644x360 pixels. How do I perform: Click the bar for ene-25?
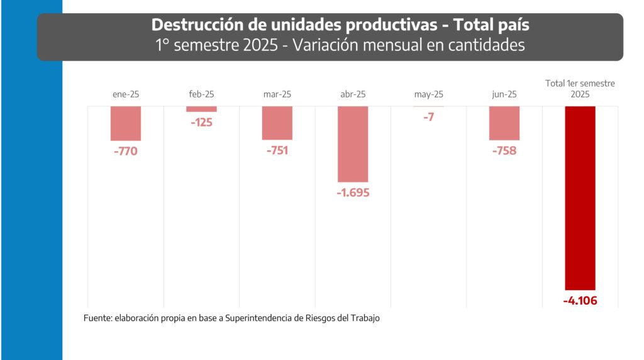coord(126,123)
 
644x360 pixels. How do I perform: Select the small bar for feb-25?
coord(201,110)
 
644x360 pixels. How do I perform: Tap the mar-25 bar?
coord(277,123)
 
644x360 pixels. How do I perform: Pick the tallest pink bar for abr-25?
coord(353,144)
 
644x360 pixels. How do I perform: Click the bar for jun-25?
coord(504,123)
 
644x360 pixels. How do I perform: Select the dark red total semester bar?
coord(580,198)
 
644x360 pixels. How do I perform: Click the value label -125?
coord(201,122)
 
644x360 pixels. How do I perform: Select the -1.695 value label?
coord(352,193)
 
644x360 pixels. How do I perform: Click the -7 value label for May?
coord(428,117)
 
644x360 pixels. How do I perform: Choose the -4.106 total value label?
coord(580,300)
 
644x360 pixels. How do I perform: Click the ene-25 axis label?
coord(125,94)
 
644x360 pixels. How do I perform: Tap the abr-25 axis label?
coord(352,94)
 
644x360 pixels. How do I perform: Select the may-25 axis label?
coord(428,94)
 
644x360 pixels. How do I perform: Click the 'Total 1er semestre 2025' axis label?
coord(580,89)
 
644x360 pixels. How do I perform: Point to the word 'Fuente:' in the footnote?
coord(97,318)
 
